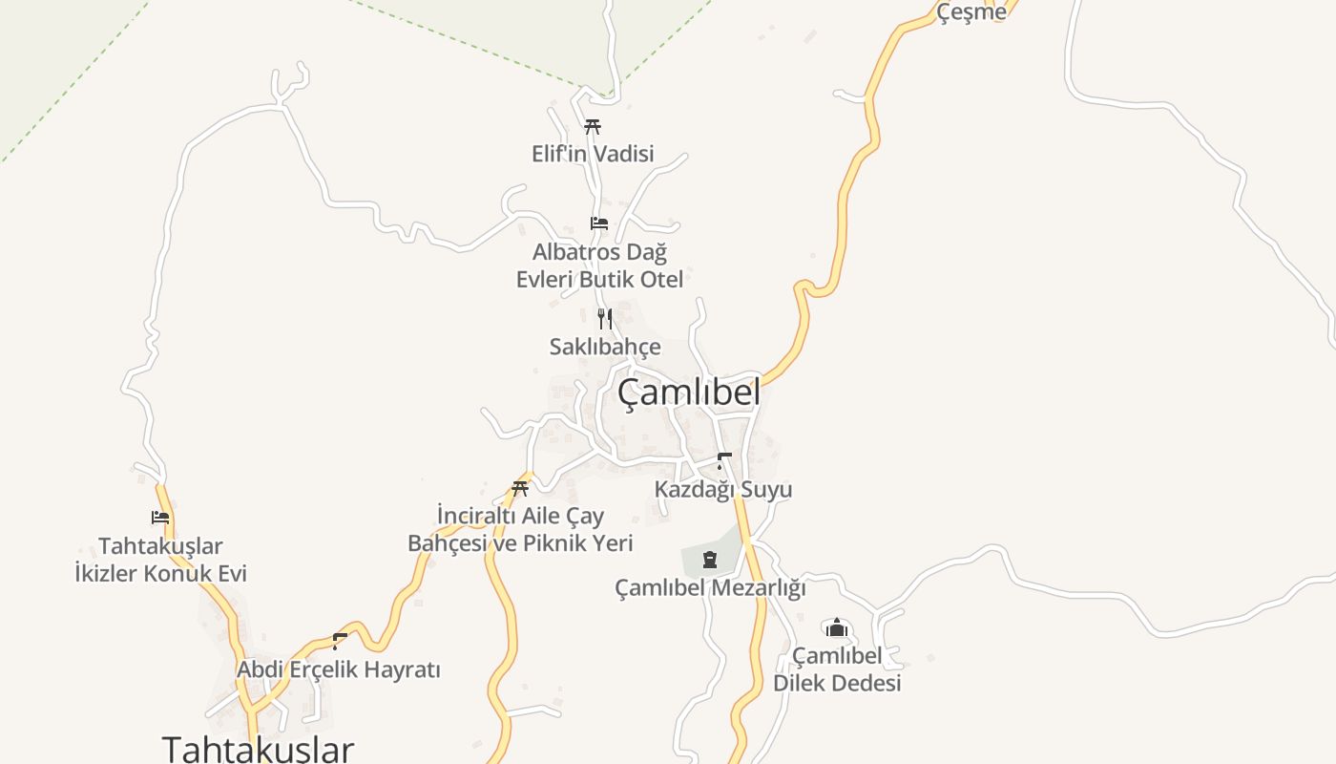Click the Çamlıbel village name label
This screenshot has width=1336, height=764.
688,392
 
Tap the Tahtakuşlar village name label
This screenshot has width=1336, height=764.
258,748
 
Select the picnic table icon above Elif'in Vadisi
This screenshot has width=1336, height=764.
593,126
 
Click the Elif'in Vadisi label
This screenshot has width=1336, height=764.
593,153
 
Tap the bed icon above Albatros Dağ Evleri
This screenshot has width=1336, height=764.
599,223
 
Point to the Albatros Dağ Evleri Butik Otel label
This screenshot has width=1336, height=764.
599,265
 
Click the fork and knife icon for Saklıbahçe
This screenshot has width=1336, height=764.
604,318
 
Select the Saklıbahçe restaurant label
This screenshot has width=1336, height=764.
604,346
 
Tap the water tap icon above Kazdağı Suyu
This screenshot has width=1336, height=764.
723,461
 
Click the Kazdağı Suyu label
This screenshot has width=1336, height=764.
723,489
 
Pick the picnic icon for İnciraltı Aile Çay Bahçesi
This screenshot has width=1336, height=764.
520,488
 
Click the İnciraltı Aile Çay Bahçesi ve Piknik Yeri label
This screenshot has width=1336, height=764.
520,529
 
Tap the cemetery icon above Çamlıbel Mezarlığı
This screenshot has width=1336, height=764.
710,559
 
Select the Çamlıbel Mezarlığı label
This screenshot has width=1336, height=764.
710,587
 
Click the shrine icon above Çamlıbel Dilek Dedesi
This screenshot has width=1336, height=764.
837,627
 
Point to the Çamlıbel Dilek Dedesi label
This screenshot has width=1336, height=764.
837,669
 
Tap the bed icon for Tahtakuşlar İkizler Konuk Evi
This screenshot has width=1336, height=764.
160,518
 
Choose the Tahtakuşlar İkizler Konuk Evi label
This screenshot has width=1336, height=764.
160,560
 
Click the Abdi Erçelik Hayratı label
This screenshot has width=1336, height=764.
339,669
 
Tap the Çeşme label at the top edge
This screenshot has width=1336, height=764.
971,11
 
